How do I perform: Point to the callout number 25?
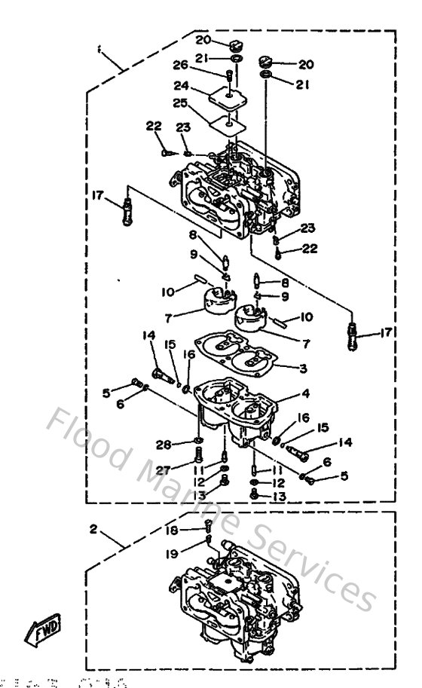pos(179,102)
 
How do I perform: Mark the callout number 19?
pos(172,553)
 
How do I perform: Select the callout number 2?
pos(93,529)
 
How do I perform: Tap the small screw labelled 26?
pos(227,75)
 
